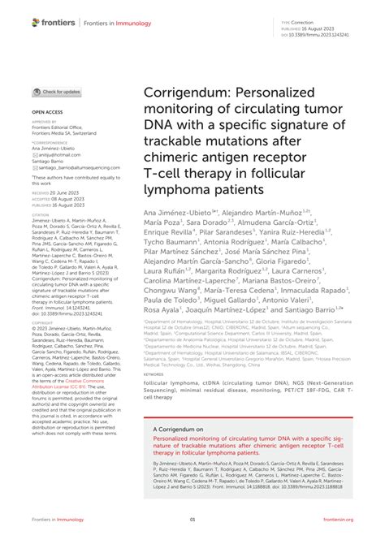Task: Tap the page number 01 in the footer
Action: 192,520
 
